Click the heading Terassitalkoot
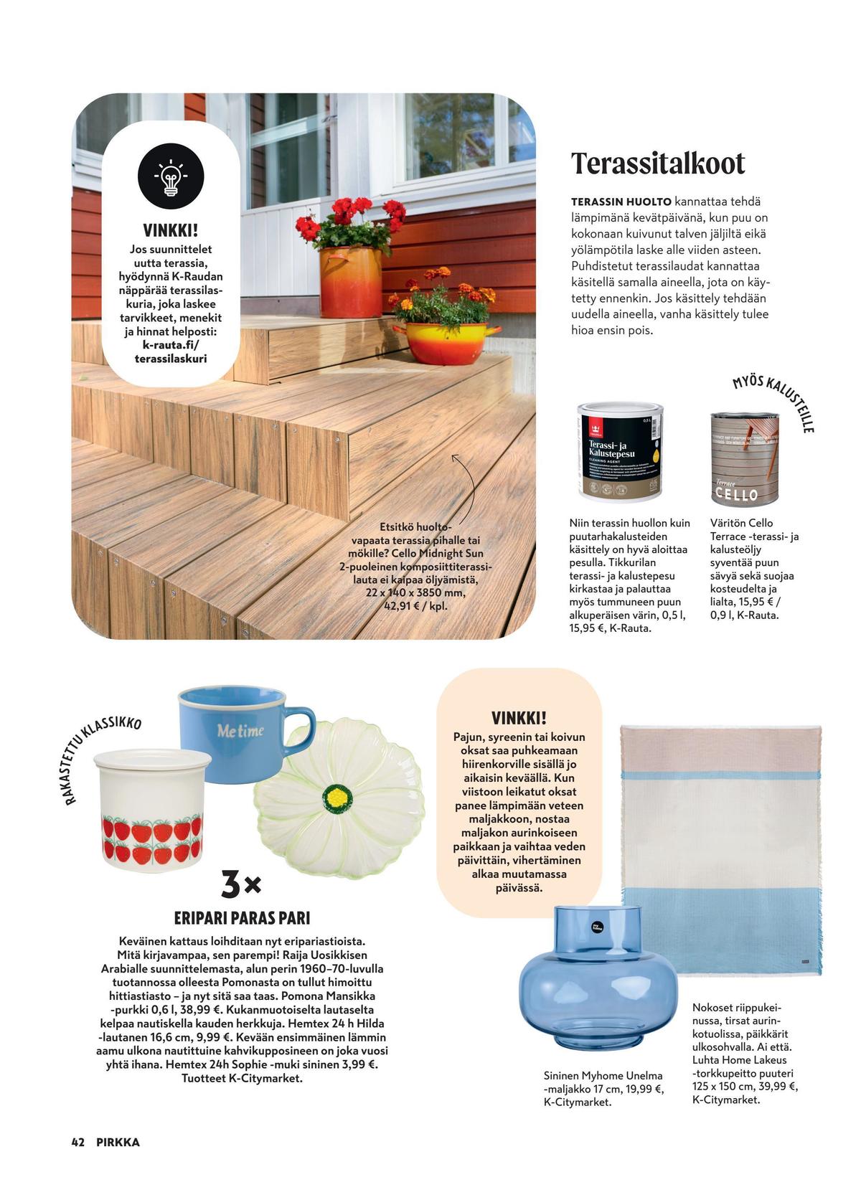coord(658,164)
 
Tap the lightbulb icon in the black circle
coord(171,176)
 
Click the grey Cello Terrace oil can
coord(735,458)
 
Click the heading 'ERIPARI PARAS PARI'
coord(242,918)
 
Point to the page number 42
coord(78,1143)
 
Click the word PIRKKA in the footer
coord(118,1143)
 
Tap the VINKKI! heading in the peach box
coord(519,718)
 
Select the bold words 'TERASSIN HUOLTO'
coord(621,202)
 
